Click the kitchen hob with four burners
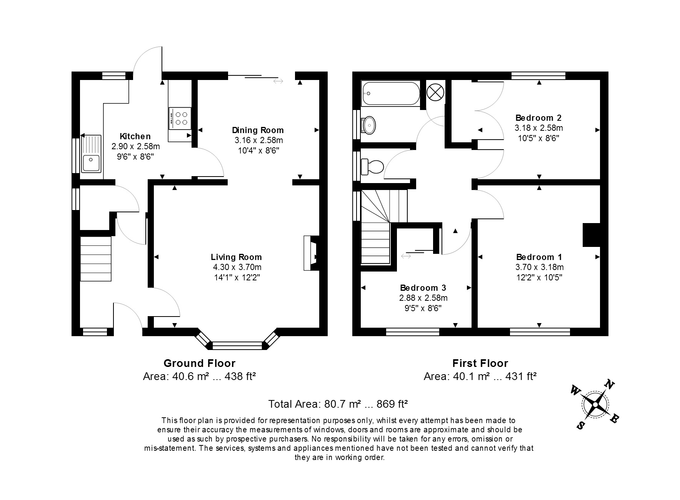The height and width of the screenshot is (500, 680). coord(180,118)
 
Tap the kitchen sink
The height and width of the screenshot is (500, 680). coord(91,154)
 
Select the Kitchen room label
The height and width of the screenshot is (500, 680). coord(135,136)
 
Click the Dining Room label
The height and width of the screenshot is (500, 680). coord(258,130)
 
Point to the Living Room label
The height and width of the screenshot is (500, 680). coord(236,257)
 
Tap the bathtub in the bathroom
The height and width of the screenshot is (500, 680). coord(391,93)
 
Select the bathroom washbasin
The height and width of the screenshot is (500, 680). coord(369,125)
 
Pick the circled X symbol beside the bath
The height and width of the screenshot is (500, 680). coord(435,93)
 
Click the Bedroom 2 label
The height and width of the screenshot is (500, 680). coord(538,118)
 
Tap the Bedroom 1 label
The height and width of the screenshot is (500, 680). coord(539,257)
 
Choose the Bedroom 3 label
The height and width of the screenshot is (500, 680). coord(423,288)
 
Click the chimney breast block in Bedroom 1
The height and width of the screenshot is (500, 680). coord(592,235)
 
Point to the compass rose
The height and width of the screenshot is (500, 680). coord(595,405)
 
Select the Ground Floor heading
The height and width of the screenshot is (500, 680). coord(199,363)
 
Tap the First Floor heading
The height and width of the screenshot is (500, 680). coord(480,363)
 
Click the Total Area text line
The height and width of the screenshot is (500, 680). coord(338,404)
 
